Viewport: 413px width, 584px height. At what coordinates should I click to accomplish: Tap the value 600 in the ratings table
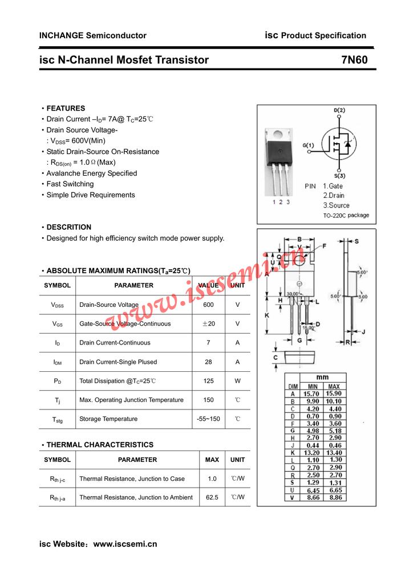tap(208, 305)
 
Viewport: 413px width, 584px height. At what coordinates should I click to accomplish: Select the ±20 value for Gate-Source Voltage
tap(208, 324)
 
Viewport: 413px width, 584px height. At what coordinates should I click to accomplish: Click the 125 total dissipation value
tap(208, 381)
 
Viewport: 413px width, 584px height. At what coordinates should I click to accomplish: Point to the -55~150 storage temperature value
tap(208, 419)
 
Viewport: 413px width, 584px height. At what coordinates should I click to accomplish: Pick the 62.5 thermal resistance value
tap(212, 497)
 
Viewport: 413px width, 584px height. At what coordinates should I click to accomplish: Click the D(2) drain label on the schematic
tap(339, 110)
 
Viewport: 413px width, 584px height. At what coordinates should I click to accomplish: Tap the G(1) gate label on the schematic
tap(308, 145)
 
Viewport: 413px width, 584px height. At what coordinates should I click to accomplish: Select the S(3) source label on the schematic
tap(339, 175)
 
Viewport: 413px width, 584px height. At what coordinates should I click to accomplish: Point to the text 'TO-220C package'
tap(346, 216)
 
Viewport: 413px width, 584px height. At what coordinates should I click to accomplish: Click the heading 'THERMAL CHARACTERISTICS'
tap(100, 445)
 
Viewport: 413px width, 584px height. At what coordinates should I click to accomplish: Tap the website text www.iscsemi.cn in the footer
tap(125, 544)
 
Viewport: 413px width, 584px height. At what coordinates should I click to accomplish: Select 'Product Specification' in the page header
tap(323, 35)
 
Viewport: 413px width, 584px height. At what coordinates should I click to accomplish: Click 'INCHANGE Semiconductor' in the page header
tap(92, 35)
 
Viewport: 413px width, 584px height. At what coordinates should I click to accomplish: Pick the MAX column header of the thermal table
tap(212, 460)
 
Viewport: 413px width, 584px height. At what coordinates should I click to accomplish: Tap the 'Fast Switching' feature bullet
tap(70, 184)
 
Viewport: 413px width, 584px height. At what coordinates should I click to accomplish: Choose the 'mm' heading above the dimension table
tap(322, 378)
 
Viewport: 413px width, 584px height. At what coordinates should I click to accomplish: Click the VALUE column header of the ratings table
tap(208, 285)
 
